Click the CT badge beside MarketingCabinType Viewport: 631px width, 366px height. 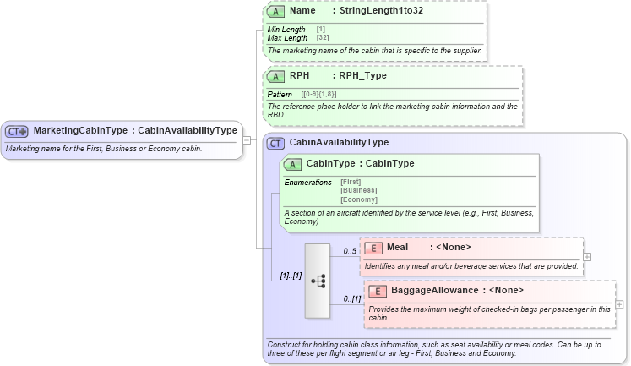coord(17,131)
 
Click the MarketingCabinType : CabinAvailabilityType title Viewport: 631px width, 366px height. coord(135,131)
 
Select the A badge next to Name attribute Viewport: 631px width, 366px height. coord(275,12)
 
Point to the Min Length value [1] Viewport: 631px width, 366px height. coord(321,30)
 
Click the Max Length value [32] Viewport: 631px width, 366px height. coord(323,38)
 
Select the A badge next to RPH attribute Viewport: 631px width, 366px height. coord(275,76)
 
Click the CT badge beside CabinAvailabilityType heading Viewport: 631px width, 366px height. coord(275,143)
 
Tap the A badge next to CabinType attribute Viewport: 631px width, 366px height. coord(292,164)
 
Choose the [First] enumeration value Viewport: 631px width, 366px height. coord(351,183)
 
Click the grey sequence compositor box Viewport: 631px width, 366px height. coord(318,281)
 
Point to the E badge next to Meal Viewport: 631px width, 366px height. coord(373,248)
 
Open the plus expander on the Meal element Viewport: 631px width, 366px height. coord(587,257)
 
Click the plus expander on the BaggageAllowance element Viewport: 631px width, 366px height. coord(619,304)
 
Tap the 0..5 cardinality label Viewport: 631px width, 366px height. coord(349,251)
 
